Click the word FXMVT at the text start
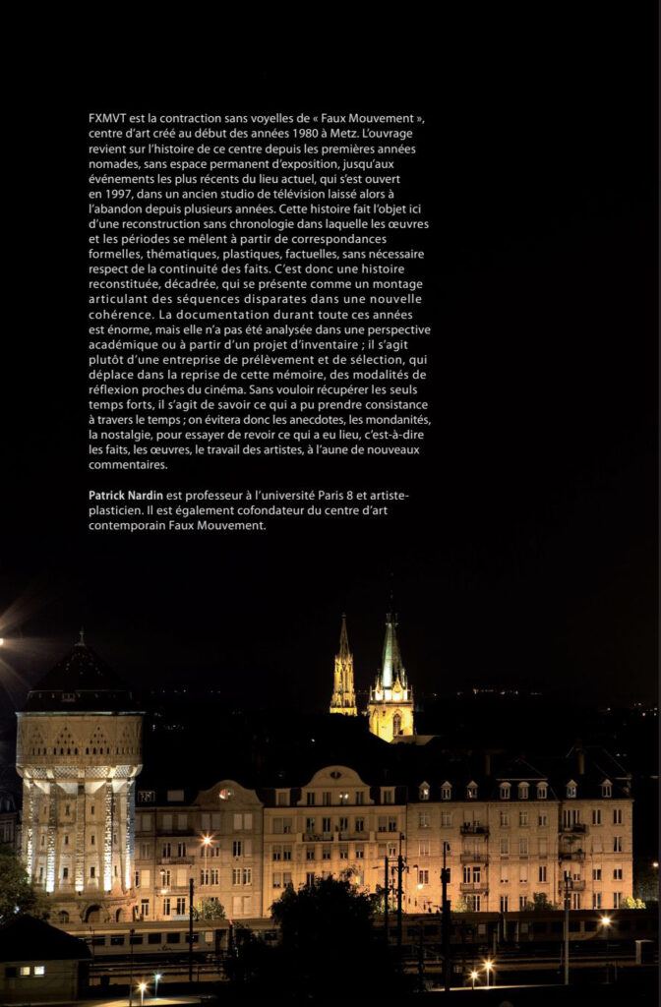point(107,118)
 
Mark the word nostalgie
point(137,435)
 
